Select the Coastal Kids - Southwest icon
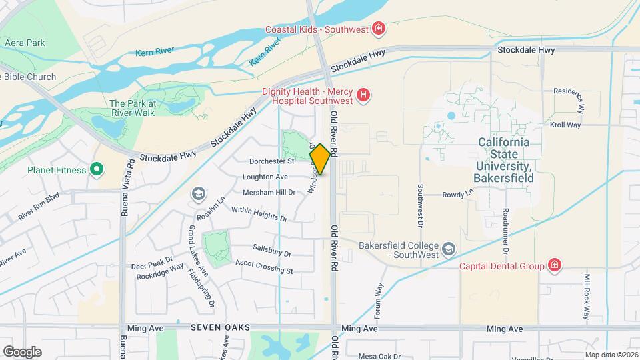coord(378,29)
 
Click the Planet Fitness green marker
coord(97,169)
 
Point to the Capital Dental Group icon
coord(554,266)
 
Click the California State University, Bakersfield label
coord(513,160)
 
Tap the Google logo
coord(22,351)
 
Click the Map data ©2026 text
coord(610,355)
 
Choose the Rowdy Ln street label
coord(457,194)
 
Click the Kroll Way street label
coord(565,125)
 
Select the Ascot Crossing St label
coord(264,267)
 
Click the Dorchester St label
coord(272,161)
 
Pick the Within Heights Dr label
coord(259,214)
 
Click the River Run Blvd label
coord(39,206)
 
